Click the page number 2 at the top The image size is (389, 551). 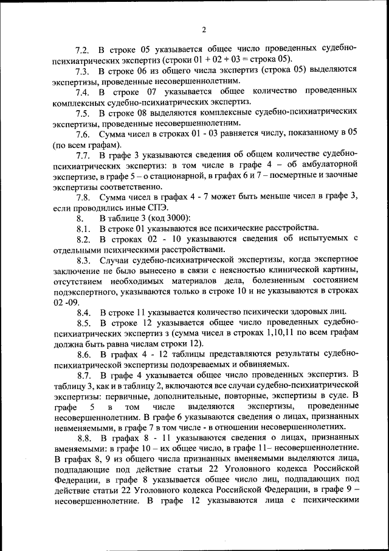[x=204, y=29]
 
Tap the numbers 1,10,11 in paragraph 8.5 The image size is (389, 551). [x=283, y=333]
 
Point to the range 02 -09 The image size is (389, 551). [x=66, y=301]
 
